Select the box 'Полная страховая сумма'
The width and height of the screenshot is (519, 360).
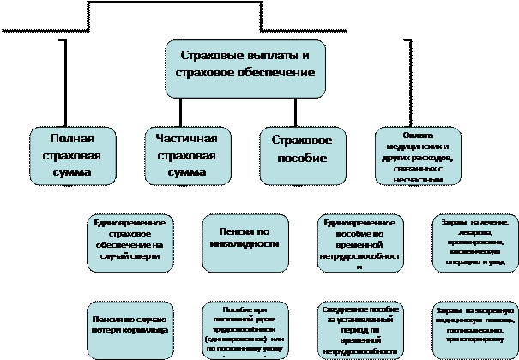coord(72,155)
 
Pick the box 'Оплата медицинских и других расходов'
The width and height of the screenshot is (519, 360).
coord(418,155)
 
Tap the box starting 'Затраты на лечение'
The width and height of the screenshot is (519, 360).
coord(474,243)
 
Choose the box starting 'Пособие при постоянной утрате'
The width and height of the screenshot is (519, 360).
coord(244,330)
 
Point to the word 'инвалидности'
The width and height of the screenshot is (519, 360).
coord(244,243)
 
